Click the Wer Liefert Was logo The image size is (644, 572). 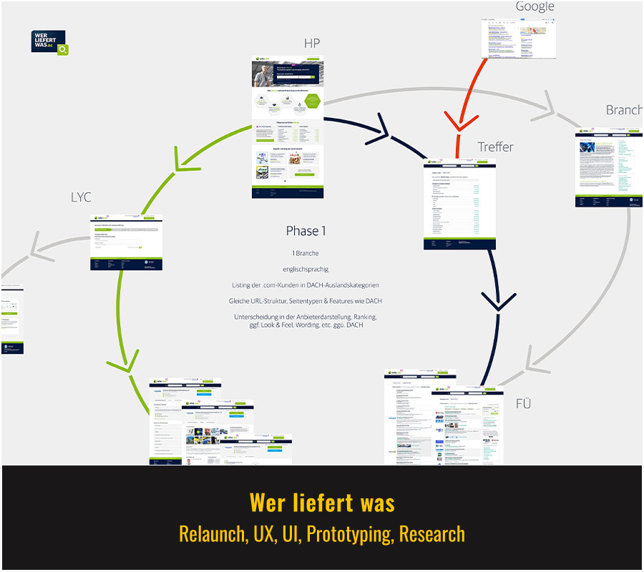49,42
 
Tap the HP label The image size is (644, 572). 311,44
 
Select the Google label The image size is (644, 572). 535,6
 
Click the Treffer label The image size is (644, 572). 495,147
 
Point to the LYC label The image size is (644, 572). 81,197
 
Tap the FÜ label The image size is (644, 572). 523,404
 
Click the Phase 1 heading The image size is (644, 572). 306,231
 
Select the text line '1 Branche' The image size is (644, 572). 306,253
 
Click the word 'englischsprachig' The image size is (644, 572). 306,269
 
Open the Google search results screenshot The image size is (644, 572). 518,39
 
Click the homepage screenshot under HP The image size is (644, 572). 287,127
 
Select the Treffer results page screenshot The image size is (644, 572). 459,204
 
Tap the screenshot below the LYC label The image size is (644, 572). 127,242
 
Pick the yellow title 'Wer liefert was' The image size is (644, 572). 322,503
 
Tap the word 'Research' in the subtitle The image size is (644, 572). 432,534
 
